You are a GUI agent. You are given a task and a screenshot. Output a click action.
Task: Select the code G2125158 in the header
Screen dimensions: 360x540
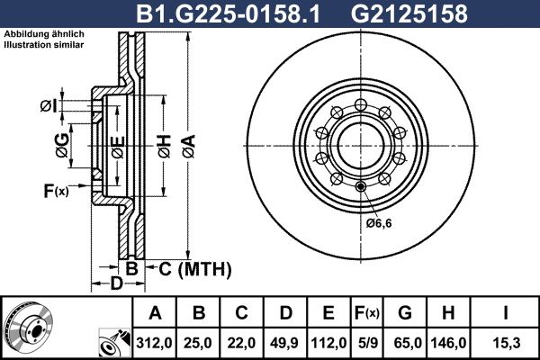point(396,14)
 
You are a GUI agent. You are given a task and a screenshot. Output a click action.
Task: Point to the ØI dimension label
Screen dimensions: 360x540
point(49,106)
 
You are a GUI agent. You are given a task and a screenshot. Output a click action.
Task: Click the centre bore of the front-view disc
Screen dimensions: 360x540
point(358,146)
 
